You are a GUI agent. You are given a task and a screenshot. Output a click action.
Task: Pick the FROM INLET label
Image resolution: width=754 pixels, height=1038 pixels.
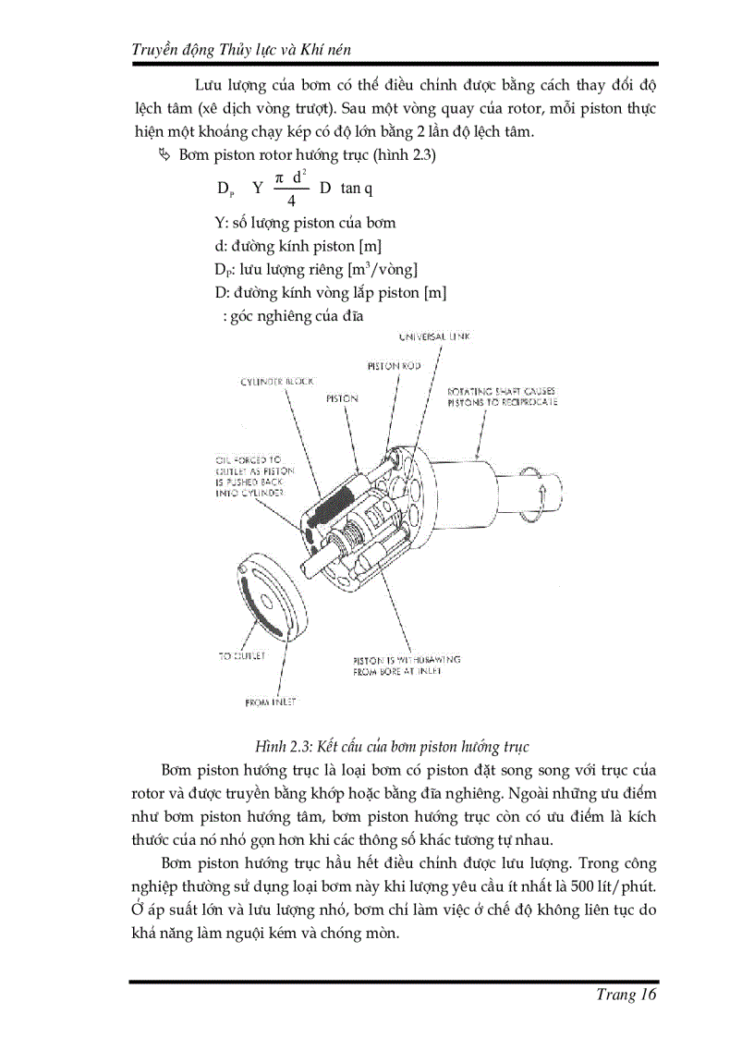[x=271, y=702]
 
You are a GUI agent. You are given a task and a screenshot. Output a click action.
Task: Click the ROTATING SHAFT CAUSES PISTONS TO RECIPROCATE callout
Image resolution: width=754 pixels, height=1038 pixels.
[x=501, y=397]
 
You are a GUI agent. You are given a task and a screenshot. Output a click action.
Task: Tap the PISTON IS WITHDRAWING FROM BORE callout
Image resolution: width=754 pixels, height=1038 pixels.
[x=406, y=666]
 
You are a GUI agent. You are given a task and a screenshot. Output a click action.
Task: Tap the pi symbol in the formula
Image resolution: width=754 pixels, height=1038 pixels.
[x=278, y=177]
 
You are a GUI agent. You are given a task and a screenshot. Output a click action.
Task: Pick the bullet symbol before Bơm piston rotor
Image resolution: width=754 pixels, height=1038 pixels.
[x=165, y=155]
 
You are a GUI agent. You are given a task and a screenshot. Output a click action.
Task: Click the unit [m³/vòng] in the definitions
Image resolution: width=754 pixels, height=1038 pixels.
[x=383, y=270]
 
